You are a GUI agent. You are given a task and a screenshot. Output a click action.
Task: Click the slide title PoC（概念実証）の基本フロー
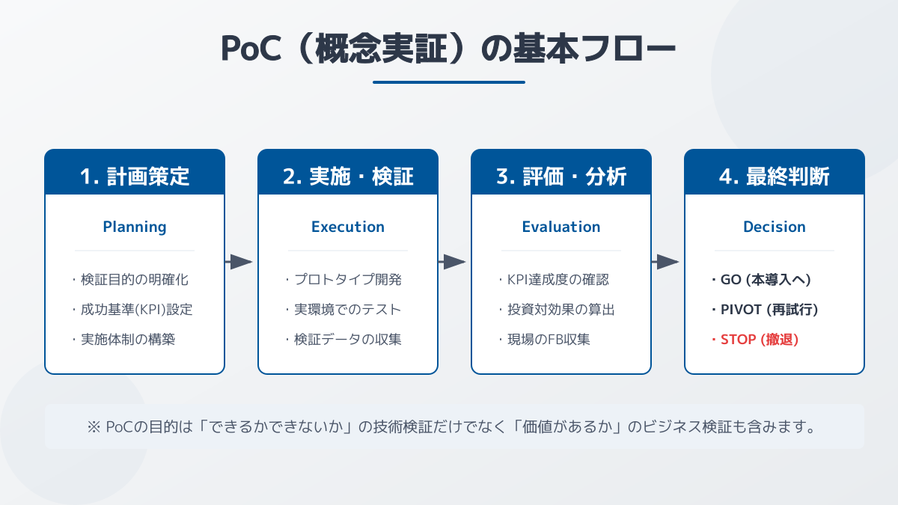coord(448,49)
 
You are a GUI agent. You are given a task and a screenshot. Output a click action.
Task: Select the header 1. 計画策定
coord(135,177)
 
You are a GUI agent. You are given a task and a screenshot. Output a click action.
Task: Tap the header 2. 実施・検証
coord(348,177)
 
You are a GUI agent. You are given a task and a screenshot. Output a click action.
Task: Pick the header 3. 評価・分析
coord(561,177)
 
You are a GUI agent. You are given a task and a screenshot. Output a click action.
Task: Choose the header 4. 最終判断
coord(775,177)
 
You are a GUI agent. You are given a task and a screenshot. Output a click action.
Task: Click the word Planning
coord(135,227)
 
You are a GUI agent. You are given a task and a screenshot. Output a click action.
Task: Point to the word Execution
coord(348,227)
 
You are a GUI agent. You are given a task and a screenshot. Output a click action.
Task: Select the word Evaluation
coord(561,227)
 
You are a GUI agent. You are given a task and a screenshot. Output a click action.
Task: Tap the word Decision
coord(775,227)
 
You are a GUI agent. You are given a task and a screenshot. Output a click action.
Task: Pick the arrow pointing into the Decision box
coord(665,262)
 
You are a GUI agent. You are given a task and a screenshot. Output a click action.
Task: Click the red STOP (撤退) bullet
coord(756,340)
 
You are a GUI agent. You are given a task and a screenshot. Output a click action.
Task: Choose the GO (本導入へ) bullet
coord(762,280)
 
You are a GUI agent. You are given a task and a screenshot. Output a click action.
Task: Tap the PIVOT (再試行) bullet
coord(765,310)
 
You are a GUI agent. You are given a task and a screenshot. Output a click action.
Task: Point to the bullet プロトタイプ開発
coord(343,280)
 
